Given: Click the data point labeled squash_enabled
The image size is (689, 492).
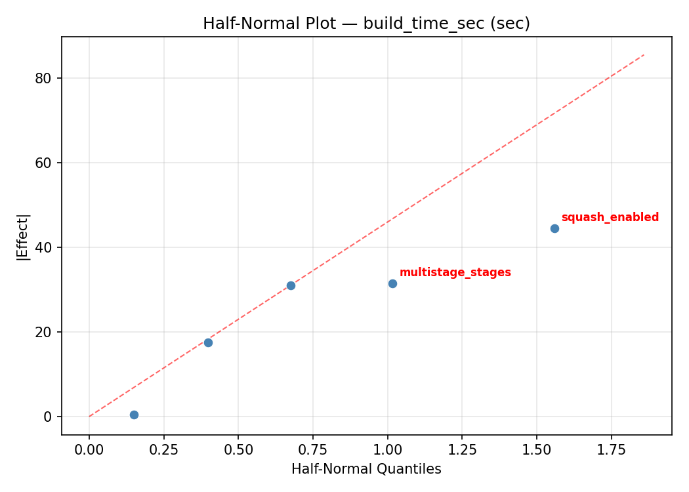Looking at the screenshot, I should click(554, 228).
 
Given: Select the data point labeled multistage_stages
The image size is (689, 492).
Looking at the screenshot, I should click(392, 283).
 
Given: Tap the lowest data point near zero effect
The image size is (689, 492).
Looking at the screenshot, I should click(134, 415).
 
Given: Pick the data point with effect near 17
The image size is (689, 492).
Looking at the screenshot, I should click(208, 342).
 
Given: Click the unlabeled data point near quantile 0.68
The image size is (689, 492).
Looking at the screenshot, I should click(291, 285).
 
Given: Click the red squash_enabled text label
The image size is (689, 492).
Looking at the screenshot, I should click(610, 218).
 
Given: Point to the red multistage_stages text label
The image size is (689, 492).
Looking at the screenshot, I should click(455, 273).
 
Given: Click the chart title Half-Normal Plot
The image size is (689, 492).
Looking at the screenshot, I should click(366, 24).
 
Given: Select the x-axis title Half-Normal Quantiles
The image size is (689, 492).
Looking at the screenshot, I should click(366, 469).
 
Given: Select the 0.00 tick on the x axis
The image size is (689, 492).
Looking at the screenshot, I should click(89, 449).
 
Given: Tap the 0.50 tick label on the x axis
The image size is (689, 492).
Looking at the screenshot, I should click(238, 449).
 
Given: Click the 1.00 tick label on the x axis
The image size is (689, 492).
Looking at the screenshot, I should click(387, 449).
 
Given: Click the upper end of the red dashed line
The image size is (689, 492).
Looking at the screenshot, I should click(644, 54).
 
